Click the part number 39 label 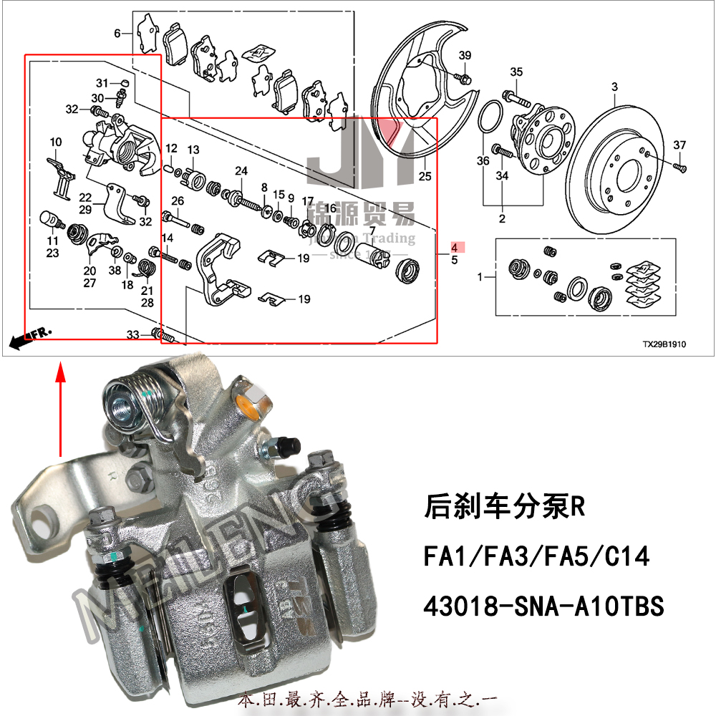[x=465, y=57]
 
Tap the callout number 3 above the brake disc [x=614, y=87]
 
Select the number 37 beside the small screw [x=679, y=146]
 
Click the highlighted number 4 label [x=454, y=248]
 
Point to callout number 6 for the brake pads [x=117, y=33]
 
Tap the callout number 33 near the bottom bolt [x=133, y=334]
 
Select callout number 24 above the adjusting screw [x=241, y=171]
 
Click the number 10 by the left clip [x=56, y=142]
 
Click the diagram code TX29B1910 [x=664, y=344]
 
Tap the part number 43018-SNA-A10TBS [x=544, y=607]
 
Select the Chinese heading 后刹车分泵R [x=505, y=508]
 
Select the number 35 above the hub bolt [x=516, y=72]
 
